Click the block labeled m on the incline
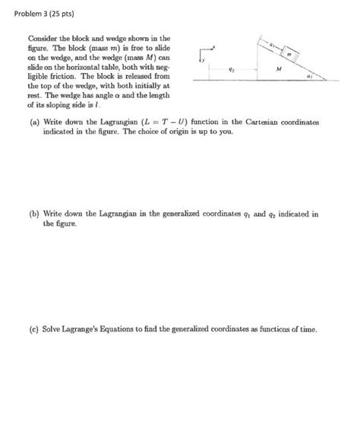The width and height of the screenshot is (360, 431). (x=292, y=55)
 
